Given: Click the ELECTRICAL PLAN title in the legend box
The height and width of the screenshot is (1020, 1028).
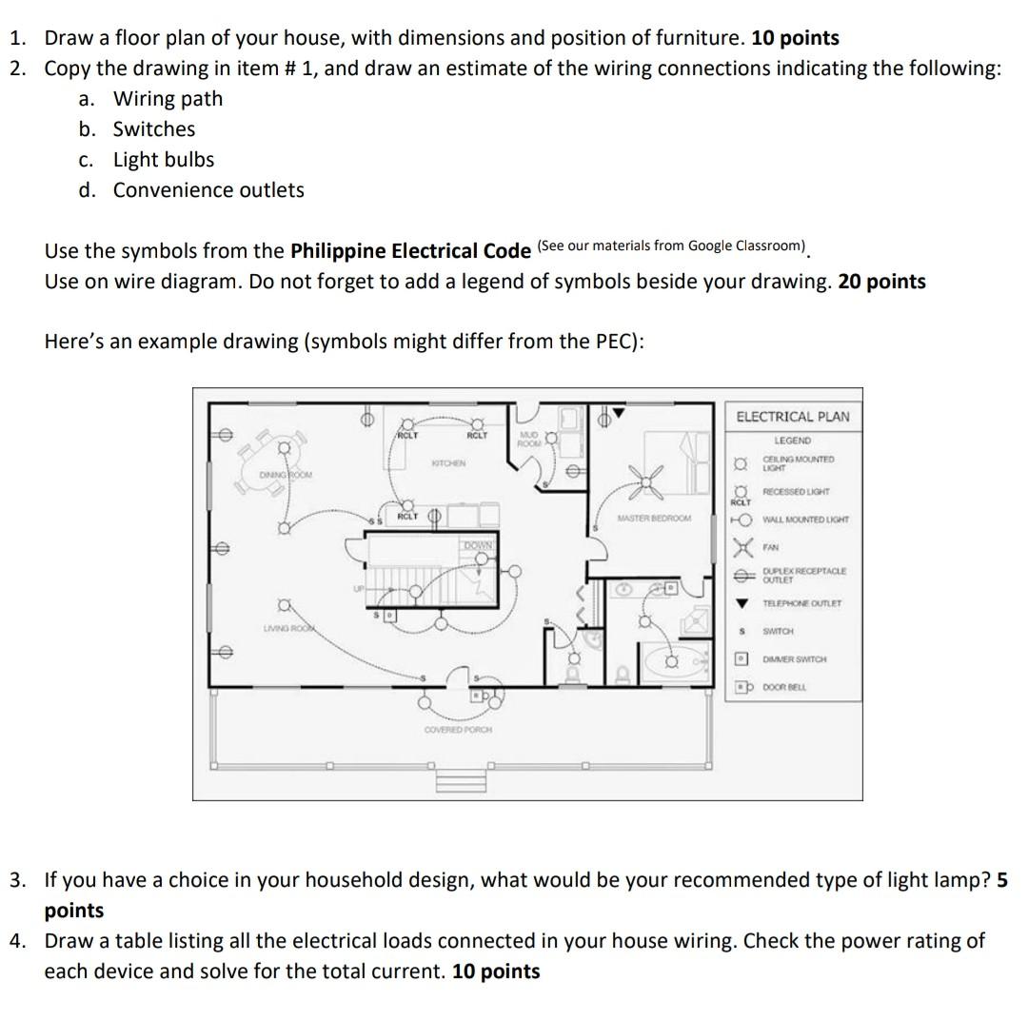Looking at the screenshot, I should point(792,417).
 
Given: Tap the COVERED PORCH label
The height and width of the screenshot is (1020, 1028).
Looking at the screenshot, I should point(458,729).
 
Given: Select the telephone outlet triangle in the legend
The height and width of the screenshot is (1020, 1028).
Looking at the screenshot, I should point(741,603).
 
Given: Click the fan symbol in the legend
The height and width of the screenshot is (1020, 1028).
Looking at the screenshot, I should point(741,548).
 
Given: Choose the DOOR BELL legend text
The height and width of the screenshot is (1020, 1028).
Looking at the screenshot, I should point(784,686).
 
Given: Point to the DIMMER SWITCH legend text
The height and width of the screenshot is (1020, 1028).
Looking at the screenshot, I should point(794,658).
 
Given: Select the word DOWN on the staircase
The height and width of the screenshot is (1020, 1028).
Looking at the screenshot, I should point(478,544).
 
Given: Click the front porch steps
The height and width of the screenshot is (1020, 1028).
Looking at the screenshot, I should point(461,779).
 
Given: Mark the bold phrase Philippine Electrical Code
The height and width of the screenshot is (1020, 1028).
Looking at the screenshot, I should point(410,251).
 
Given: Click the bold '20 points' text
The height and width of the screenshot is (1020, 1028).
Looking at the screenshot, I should point(881,282).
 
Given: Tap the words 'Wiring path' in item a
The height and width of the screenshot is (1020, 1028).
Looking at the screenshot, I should point(168,99).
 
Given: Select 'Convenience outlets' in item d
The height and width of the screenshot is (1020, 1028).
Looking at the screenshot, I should point(208,190).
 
